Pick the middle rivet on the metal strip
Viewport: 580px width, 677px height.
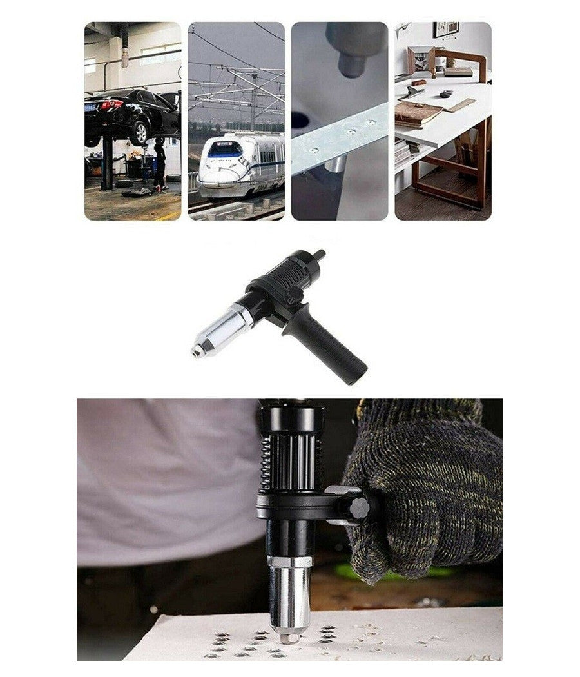352,132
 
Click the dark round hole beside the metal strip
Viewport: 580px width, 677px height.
300,120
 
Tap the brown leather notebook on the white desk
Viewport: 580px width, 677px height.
418,113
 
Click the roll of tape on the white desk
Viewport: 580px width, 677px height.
446,93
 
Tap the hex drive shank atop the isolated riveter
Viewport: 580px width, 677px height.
318,256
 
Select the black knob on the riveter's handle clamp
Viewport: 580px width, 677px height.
359,508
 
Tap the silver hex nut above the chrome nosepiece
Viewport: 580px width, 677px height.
290,561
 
